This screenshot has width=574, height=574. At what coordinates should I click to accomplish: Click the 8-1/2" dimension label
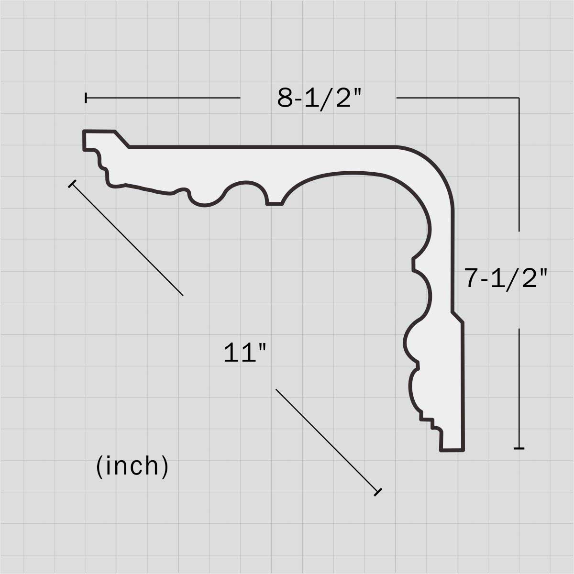click(319, 99)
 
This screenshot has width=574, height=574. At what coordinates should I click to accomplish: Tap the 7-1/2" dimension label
click(506, 278)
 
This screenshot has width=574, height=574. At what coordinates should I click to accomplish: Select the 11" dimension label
click(244, 353)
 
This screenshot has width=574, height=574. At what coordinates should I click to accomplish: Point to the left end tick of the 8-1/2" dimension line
click(86, 98)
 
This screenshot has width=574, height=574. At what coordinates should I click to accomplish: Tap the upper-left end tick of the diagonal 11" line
click(72, 184)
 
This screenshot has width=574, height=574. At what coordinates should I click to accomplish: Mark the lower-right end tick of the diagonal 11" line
click(378, 492)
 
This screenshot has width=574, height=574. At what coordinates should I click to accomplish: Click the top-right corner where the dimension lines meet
click(519, 98)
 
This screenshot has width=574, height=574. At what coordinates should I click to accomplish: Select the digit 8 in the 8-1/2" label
click(285, 99)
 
